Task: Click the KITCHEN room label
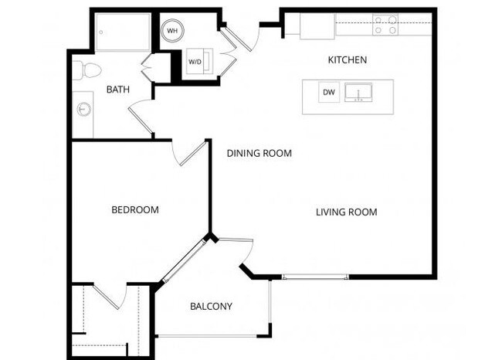coord(348,59)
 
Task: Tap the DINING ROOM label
coord(259,153)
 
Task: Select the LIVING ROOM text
coord(346,212)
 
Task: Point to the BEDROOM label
coord(135,209)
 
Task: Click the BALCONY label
coord(211,307)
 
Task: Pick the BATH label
coord(117,90)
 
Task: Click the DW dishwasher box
coord(329,93)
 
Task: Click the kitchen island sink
coord(358,93)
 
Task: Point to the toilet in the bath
coord(88,70)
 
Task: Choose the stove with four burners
coord(385,25)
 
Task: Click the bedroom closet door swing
coord(109,297)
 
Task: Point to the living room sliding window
coord(315,277)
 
